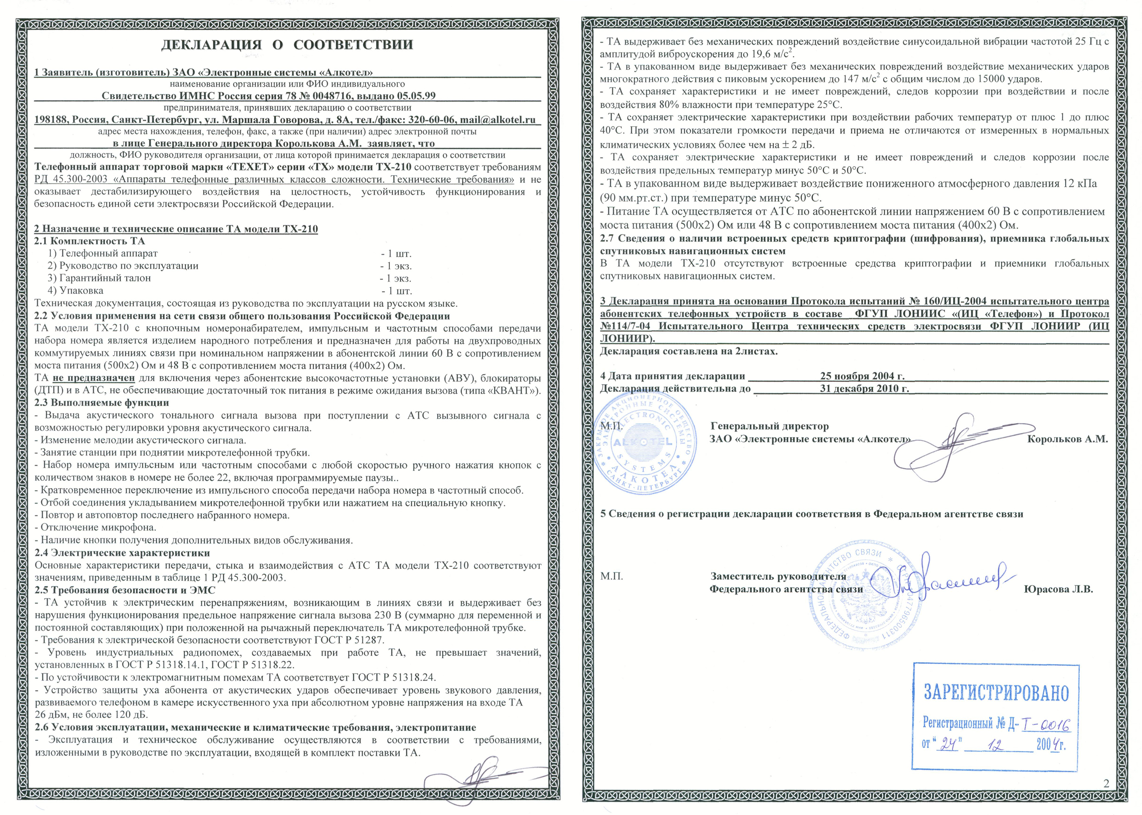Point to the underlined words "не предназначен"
tap(93, 378)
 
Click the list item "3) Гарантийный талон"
tap(99, 278)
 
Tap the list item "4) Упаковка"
tap(76, 291)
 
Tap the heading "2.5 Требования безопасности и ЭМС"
tap(125, 590)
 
